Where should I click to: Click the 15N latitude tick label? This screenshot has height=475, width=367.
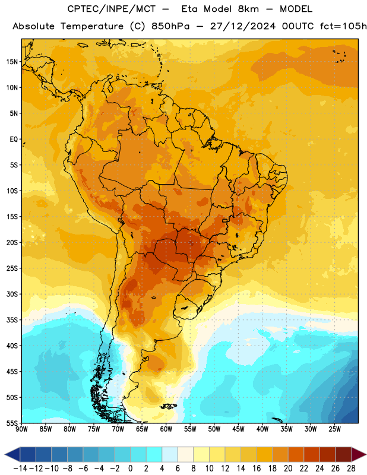point(12,62)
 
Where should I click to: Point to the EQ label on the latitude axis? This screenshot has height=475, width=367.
point(14,140)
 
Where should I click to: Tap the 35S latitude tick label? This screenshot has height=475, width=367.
point(12,320)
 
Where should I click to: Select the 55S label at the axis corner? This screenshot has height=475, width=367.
point(12,423)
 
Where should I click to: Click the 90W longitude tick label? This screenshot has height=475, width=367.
point(21,429)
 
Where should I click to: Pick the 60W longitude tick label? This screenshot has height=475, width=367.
point(166,429)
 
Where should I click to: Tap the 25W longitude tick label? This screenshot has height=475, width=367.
point(335,429)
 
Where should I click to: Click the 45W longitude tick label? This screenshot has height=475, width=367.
point(239,429)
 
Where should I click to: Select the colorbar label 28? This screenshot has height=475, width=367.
point(351,468)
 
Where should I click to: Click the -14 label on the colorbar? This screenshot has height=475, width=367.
point(20,468)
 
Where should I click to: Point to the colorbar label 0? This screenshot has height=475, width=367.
point(130,468)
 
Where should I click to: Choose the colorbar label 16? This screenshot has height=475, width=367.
point(257,468)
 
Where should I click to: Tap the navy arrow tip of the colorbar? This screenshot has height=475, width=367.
point(5,454)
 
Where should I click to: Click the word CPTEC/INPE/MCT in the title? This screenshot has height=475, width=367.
point(112,9)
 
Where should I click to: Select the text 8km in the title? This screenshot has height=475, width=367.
point(248,9)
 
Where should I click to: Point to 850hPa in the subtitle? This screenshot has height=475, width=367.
point(170,26)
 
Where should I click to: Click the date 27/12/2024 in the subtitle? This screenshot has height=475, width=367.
point(243,26)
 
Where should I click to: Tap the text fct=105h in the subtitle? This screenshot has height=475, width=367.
point(343,26)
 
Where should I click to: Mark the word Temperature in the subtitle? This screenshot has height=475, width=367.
point(92,27)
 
